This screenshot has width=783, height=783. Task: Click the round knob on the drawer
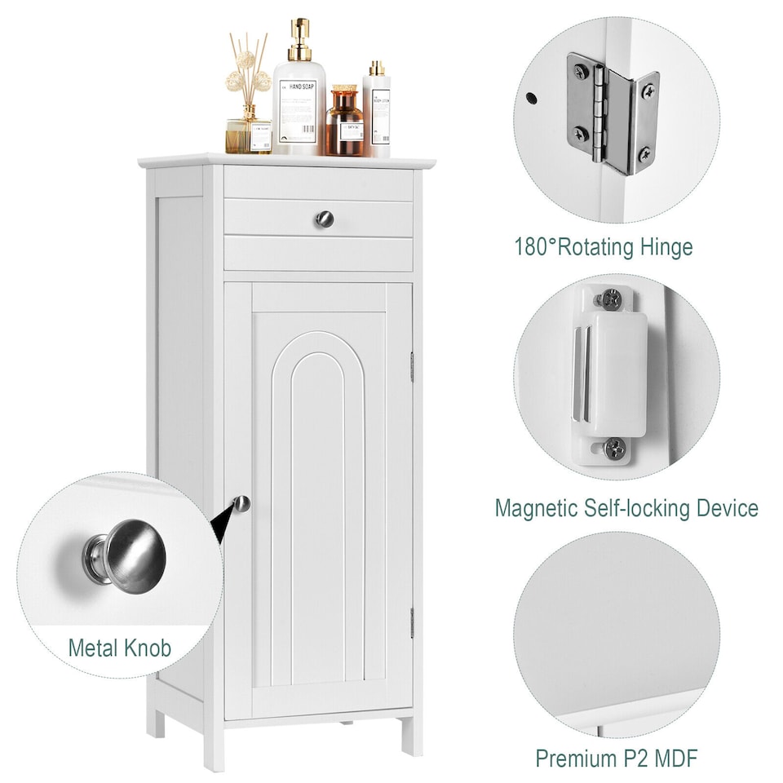(x=324, y=219)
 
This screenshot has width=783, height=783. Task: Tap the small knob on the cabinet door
(x=242, y=504)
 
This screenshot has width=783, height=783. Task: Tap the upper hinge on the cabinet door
(x=412, y=367)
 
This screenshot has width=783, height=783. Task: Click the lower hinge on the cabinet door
(x=412, y=622)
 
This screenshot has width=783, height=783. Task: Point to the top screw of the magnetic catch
(x=609, y=299)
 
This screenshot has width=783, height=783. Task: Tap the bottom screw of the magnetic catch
(x=614, y=448)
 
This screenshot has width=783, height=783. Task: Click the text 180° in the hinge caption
(x=535, y=246)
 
